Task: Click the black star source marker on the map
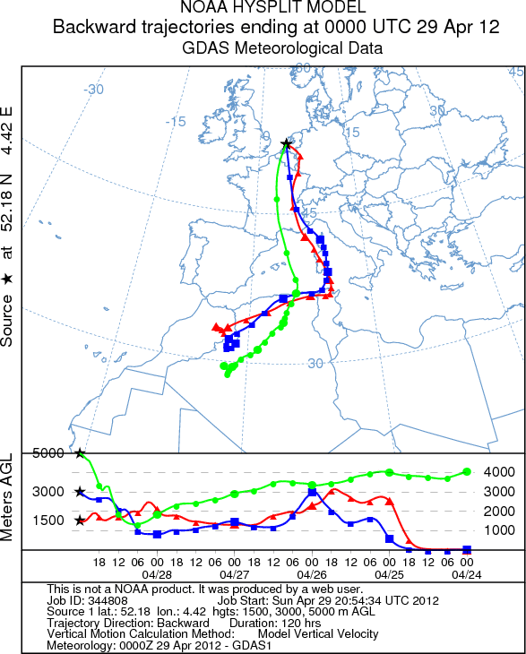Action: [286, 144]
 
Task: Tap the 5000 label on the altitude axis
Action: [48, 453]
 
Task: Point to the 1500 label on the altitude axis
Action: [48, 521]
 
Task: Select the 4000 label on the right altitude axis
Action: [499, 472]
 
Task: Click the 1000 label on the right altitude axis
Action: [499, 530]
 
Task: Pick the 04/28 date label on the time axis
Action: [157, 575]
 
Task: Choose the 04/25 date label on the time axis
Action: [389, 575]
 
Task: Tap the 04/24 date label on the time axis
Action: [467, 575]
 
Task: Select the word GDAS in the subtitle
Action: [205, 48]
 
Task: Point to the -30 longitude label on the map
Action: [93, 90]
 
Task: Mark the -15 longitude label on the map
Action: [176, 122]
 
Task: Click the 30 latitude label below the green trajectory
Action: [315, 364]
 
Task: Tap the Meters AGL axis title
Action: [6, 497]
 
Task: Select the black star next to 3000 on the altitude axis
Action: [80, 492]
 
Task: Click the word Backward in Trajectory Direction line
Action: [183, 624]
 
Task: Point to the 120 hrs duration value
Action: [300, 624]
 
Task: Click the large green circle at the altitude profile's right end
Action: [467, 472]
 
